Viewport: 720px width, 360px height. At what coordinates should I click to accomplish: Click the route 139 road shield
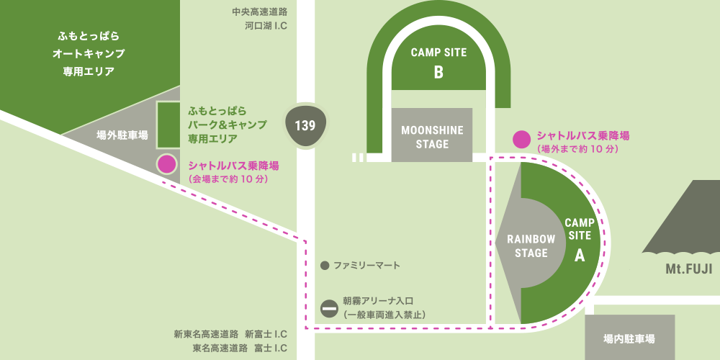click(x=305, y=125)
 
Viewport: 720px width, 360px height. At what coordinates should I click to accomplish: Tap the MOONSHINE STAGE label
click(x=432, y=137)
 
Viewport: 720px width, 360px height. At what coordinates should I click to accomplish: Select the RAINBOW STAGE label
click(x=531, y=246)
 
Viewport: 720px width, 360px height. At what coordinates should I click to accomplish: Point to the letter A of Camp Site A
click(x=579, y=254)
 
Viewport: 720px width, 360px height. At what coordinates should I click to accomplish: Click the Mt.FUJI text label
click(x=688, y=269)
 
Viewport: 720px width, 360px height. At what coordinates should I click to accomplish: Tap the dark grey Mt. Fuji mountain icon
click(x=684, y=220)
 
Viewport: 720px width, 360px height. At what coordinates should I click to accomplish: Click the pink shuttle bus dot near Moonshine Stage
click(x=521, y=139)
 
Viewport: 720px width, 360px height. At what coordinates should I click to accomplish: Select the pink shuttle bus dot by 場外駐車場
click(x=167, y=164)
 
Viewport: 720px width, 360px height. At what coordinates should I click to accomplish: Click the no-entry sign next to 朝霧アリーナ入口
click(x=329, y=307)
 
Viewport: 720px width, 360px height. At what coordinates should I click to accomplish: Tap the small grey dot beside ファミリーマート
click(x=325, y=266)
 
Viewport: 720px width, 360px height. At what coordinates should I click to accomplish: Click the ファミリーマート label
click(x=366, y=266)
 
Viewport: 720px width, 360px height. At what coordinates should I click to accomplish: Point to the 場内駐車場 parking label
click(x=629, y=338)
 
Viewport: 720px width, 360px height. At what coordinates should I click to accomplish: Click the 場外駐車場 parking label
click(x=122, y=135)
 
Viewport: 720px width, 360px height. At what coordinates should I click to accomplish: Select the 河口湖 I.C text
click(x=266, y=26)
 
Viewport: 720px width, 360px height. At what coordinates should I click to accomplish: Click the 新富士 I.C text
click(x=266, y=334)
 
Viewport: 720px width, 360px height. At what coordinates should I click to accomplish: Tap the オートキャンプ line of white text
click(x=89, y=53)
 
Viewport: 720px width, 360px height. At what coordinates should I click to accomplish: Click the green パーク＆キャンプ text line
click(x=228, y=124)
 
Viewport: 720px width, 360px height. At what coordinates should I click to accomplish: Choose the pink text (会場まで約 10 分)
click(x=228, y=179)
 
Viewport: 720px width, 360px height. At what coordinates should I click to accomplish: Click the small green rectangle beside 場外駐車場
click(x=168, y=125)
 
